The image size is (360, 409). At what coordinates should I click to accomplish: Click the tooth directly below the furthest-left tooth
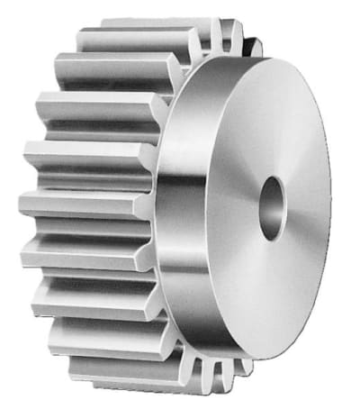(76, 252)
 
